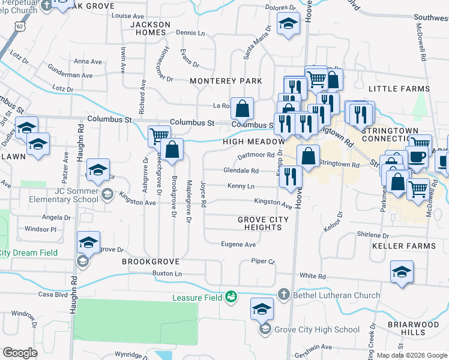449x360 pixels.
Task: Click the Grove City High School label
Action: (x=308, y=329)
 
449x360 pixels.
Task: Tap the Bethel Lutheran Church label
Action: (x=336, y=295)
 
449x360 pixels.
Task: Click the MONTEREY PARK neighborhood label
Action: (x=226, y=80)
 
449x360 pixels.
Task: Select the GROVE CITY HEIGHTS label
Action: (x=263, y=224)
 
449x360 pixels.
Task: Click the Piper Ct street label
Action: (x=262, y=262)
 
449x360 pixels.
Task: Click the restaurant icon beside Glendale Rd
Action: (x=290, y=176)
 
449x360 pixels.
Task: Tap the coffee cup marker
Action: (x=417, y=157)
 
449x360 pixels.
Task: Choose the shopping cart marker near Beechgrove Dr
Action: (x=159, y=136)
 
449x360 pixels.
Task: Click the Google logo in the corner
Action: (x=20, y=352)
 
